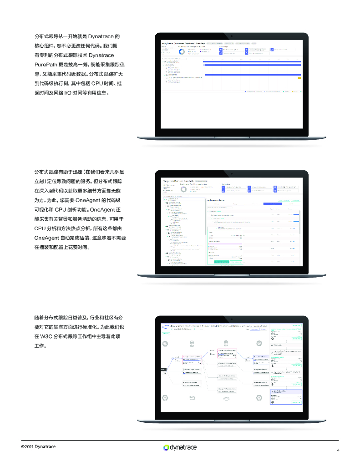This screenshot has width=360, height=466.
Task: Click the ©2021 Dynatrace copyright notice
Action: coord(38,446)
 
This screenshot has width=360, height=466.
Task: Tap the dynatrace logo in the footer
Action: coord(180,447)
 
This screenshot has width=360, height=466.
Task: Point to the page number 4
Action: coord(338,450)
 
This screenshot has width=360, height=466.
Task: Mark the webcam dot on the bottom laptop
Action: coord(232,317)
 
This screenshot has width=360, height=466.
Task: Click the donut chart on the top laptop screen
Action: coord(181,51)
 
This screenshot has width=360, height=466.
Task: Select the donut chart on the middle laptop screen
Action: coord(183,189)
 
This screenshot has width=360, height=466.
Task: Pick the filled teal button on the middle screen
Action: coord(222,262)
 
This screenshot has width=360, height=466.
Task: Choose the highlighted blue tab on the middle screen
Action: coord(272,204)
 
